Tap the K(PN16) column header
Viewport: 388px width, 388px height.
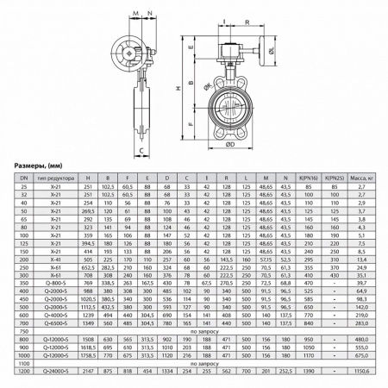click(x=304, y=176)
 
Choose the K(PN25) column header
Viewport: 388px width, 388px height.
click(x=333, y=176)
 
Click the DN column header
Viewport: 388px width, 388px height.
click(x=23, y=176)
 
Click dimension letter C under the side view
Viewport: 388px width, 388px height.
click(x=141, y=148)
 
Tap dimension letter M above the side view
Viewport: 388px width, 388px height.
click(x=137, y=13)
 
